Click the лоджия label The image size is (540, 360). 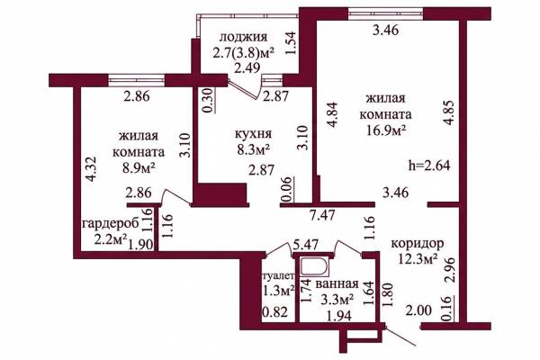[x=244, y=37]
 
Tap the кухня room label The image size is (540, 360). [x=253, y=133]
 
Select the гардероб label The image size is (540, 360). [x=111, y=223]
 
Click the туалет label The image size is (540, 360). [x=279, y=275]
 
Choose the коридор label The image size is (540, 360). [x=418, y=244]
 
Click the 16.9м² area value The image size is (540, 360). [x=386, y=130]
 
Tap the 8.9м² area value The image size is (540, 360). [x=138, y=167]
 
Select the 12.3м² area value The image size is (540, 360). [x=418, y=258]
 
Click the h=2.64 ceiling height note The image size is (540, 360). [x=429, y=166]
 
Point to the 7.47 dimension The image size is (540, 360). [x=321, y=216]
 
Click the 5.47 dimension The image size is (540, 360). [x=305, y=245]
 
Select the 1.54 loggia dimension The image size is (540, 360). [x=291, y=42]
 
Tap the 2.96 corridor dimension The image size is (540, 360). [x=450, y=270]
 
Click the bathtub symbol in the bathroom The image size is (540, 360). [x=314, y=267]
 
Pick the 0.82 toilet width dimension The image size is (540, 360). [x=274, y=312]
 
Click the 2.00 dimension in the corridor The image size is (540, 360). [x=418, y=310]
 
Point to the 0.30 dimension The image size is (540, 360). [x=209, y=100]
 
